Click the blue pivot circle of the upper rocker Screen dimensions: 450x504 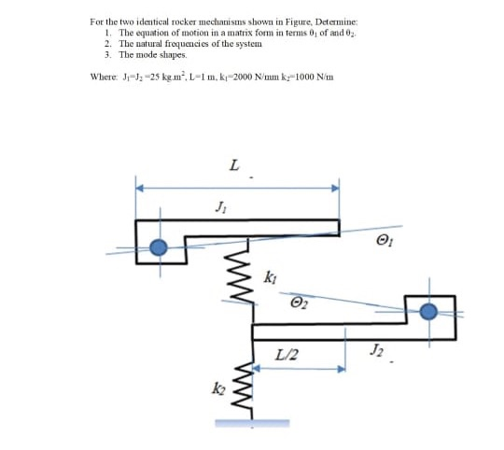pos(160,247)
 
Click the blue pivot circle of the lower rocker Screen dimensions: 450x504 pos(428,313)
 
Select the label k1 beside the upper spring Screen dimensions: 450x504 pos(271,276)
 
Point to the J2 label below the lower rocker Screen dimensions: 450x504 pos(375,350)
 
